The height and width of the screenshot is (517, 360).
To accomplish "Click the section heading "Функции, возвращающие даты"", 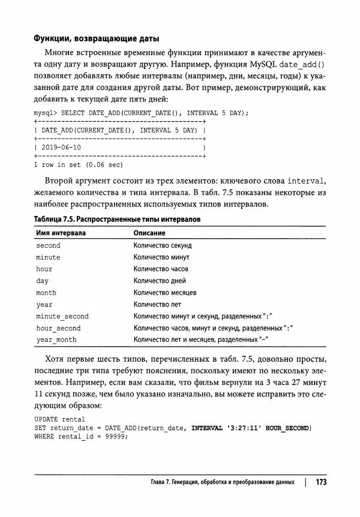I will coord(95,39).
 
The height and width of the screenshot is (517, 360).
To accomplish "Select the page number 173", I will coord(320,482).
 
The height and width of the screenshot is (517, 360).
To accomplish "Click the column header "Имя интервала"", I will coord(61,233).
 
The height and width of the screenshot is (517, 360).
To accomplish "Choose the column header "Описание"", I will coord(149,233).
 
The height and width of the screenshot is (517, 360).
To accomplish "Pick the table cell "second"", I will coord(48,245).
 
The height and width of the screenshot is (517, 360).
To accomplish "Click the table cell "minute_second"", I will coord(62,316).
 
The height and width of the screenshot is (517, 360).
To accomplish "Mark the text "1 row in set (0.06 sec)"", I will coord(78,164).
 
